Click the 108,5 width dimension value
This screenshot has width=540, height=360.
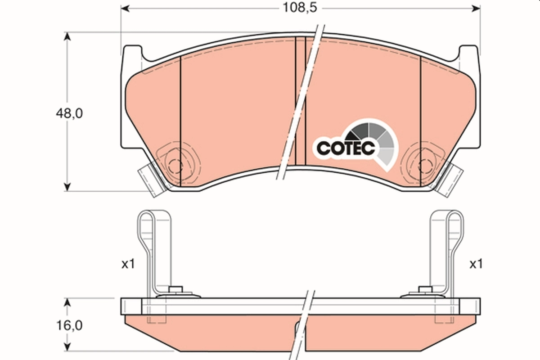tap(295, 8)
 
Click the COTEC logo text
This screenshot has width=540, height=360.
tap(346, 148)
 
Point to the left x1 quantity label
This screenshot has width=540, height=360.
tap(128, 265)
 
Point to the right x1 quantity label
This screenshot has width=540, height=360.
tap(476, 265)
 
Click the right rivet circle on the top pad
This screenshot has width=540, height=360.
tap(424, 165)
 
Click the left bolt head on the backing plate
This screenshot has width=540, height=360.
tap(175, 289)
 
